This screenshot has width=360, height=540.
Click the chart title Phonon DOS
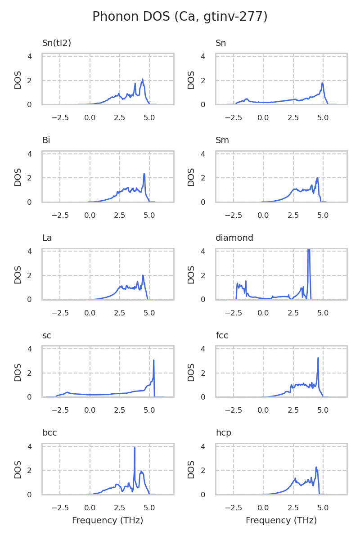[180, 17]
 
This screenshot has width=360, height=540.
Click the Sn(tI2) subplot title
[57, 43]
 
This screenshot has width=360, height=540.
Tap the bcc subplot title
[49, 433]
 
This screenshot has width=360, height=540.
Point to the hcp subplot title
[223, 433]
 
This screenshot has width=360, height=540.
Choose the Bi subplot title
[46, 140]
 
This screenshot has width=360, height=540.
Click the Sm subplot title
[222, 140]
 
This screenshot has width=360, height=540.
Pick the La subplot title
[47, 238]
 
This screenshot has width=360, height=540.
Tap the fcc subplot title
[222, 336]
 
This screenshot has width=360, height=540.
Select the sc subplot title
[46, 336]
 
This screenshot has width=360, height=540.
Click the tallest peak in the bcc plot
[135, 448]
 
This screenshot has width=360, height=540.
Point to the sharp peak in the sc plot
[154, 360]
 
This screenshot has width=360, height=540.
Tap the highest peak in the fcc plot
[318, 358]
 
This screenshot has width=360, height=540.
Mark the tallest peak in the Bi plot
[144, 174]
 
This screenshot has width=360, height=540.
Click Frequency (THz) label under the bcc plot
[108, 521]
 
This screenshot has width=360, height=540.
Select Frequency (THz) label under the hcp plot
[281, 521]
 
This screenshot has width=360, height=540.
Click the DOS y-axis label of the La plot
[18, 274]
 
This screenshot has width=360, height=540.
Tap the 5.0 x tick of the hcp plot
[323, 508]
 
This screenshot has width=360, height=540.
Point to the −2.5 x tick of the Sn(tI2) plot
[60, 117]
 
